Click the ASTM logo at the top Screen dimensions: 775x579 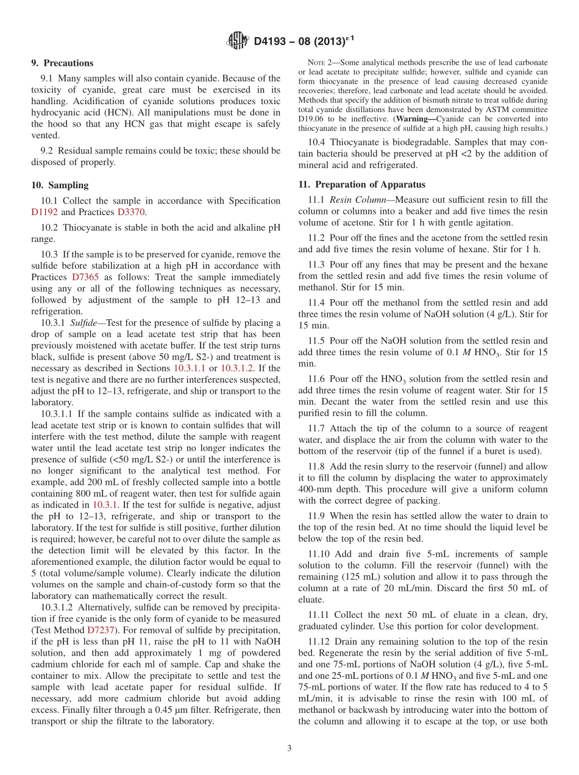[238, 41]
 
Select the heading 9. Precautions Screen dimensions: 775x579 [62, 63]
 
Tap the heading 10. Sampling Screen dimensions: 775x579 [60, 185]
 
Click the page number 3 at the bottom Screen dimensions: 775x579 [289, 748]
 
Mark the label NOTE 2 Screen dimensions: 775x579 [320, 63]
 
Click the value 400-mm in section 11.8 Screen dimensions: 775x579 [314, 489]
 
